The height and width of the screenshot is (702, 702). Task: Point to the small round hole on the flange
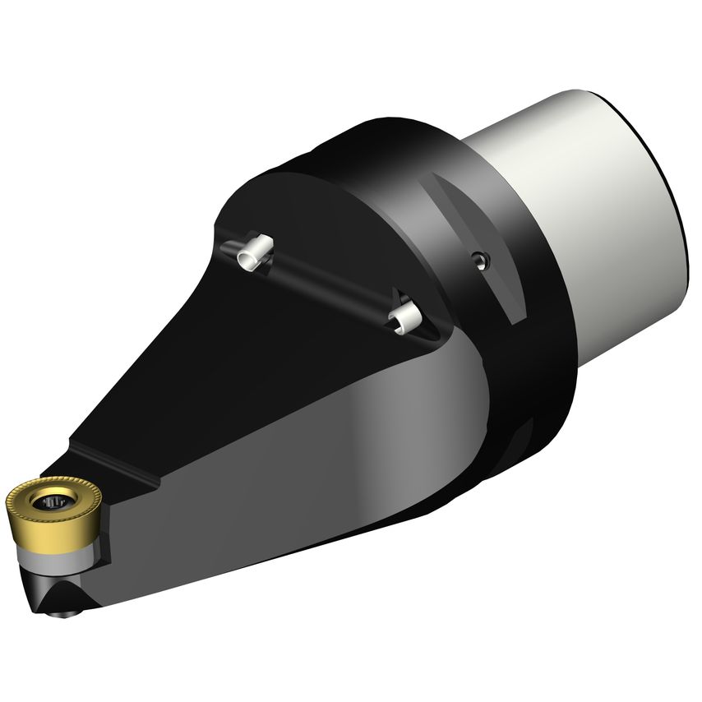(480, 260)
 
